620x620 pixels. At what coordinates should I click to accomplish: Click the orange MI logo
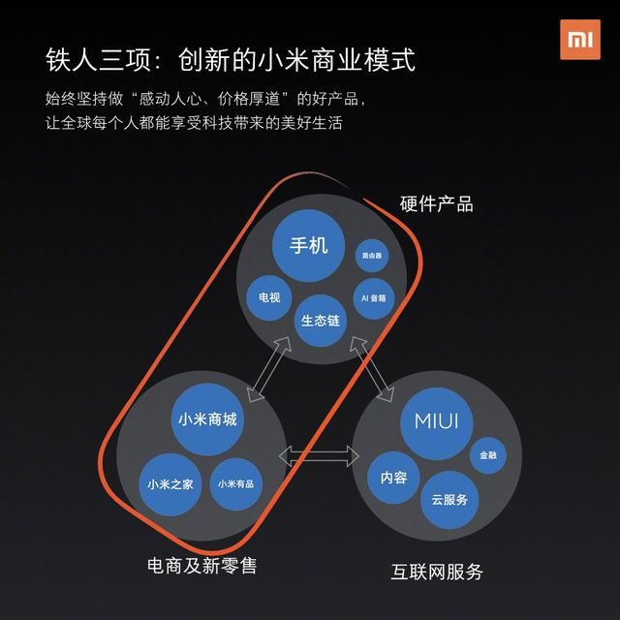[580, 40]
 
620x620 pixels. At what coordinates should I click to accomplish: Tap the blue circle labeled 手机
[308, 245]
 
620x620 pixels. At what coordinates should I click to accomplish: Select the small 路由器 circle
[372, 256]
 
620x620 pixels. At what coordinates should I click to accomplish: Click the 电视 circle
[269, 297]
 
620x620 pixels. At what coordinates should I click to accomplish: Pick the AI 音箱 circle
[374, 298]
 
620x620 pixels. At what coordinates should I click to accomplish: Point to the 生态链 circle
[321, 321]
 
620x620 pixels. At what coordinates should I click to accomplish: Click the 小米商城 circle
[207, 419]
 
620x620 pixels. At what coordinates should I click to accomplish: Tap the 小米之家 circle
[170, 484]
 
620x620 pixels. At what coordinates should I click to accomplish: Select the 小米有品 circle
[236, 484]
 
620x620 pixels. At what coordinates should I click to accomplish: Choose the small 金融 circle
[488, 455]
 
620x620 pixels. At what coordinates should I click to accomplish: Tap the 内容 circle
[394, 478]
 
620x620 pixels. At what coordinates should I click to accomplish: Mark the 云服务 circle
[449, 500]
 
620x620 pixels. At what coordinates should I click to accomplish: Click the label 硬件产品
[437, 204]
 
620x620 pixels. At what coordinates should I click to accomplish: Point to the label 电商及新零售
[202, 566]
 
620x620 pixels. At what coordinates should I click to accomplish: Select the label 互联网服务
[437, 572]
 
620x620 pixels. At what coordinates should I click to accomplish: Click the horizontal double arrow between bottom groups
[319, 456]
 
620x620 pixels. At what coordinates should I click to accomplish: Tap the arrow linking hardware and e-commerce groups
[269, 369]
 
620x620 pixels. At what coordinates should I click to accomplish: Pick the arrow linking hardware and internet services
[372, 369]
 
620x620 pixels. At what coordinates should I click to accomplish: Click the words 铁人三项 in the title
[98, 60]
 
